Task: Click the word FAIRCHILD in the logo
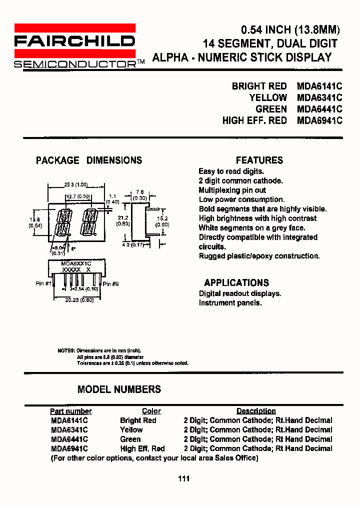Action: (x=74, y=41)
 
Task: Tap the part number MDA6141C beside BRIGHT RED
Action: (x=319, y=86)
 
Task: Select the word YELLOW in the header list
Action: (x=268, y=97)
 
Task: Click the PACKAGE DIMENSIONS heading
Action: (x=89, y=160)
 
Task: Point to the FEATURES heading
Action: (x=259, y=160)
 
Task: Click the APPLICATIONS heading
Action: (x=236, y=283)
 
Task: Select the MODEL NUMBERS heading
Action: (x=119, y=389)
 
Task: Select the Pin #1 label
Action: (x=43, y=283)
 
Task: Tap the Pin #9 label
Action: (x=110, y=283)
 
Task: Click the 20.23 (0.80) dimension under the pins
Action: (x=79, y=300)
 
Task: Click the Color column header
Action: (x=151, y=411)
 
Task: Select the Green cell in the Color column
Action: (x=130, y=439)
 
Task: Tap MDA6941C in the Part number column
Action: (x=69, y=448)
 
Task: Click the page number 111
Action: (x=183, y=478)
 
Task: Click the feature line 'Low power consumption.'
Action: (x=241, y=199)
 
